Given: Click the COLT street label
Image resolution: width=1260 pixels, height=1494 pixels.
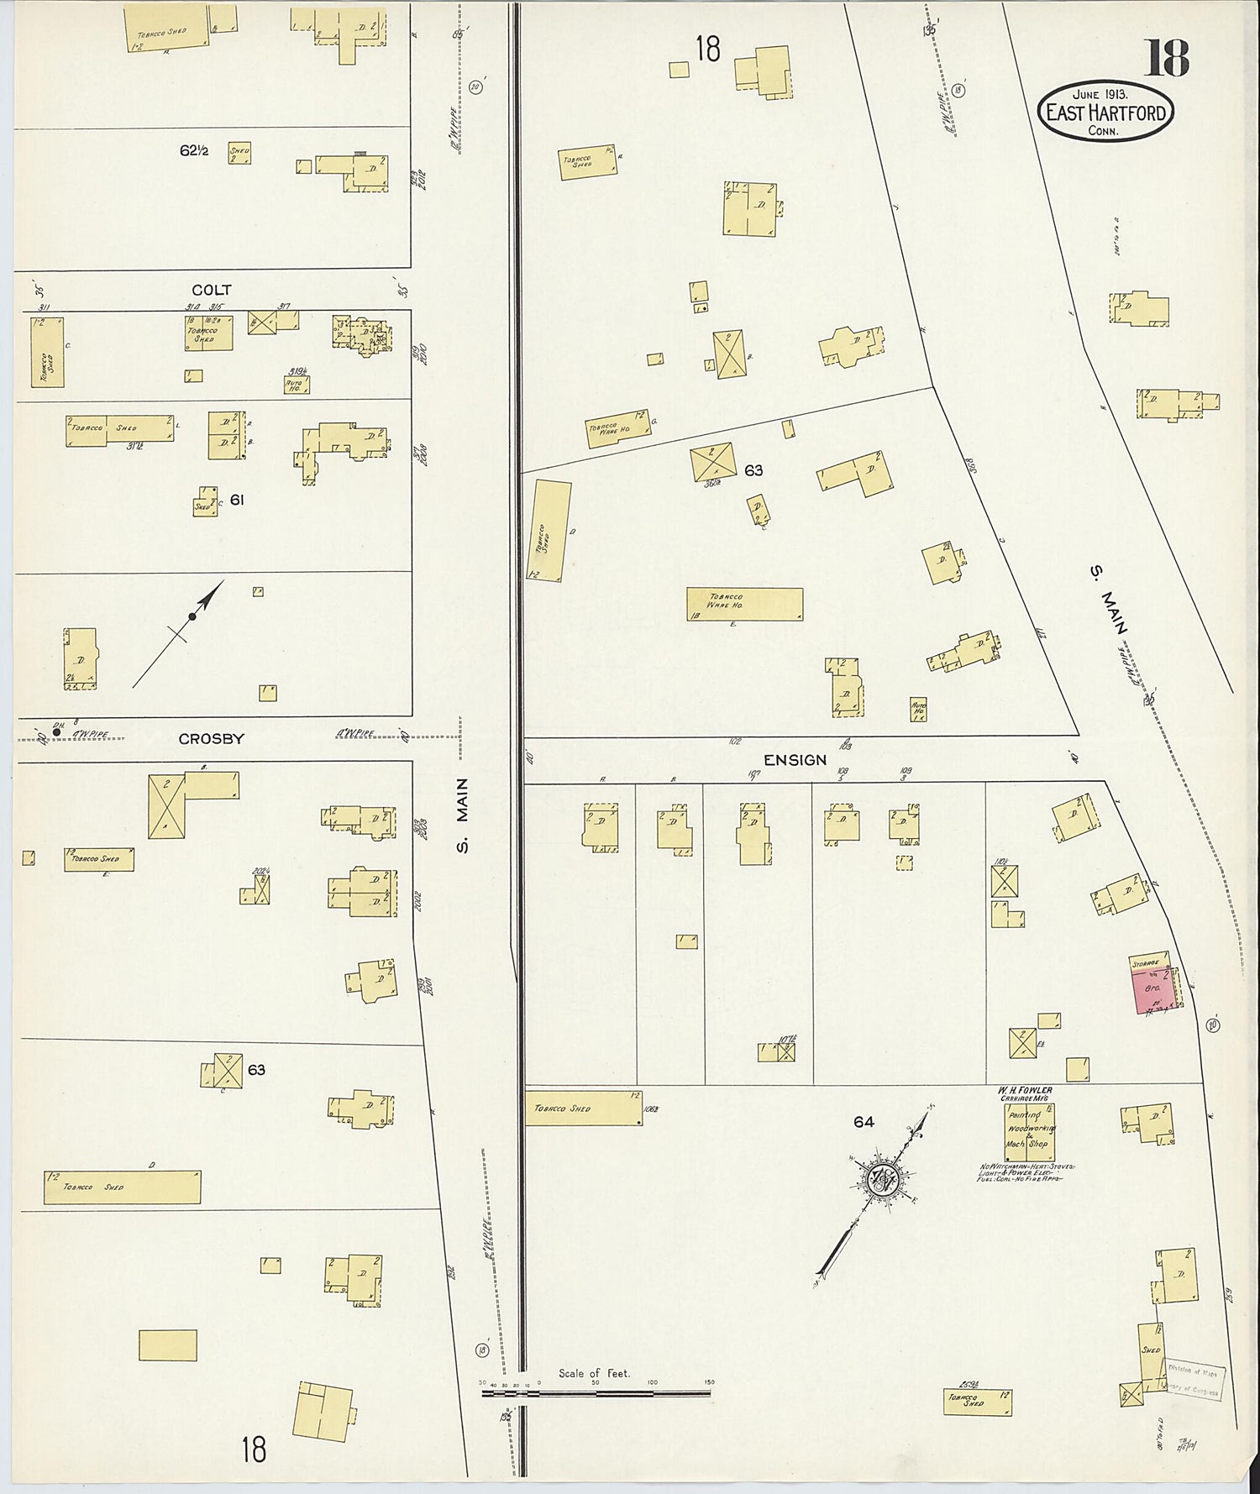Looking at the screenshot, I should tap(211, 290).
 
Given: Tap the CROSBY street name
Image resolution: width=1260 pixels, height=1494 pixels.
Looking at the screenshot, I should tap(211, 739).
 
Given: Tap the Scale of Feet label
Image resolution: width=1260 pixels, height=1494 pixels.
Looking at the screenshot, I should tap(594, 1374).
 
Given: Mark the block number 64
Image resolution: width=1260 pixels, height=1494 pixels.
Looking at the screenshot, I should tap(864, 1122).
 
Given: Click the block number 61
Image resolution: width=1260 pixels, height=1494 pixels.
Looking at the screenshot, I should tap(237, 500).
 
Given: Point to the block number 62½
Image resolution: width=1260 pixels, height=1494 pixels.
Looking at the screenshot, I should tap(193, 151).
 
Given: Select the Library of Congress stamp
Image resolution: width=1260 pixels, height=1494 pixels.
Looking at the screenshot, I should tap(1193, 1381).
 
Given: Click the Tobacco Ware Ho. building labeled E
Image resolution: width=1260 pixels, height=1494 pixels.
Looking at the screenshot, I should tap(744, 603).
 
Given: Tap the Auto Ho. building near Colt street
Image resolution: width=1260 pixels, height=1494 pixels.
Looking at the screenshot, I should tap(297, 385).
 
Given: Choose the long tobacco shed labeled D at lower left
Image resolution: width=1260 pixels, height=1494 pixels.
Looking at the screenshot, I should tap(122, 1187).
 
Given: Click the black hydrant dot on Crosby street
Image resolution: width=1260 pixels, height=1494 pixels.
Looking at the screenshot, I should tap(56, 732).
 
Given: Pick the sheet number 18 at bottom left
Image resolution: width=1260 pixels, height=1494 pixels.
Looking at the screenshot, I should tap(254, 1449).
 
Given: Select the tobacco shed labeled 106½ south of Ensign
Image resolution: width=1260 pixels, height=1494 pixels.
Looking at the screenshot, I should tap(583, 1108).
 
